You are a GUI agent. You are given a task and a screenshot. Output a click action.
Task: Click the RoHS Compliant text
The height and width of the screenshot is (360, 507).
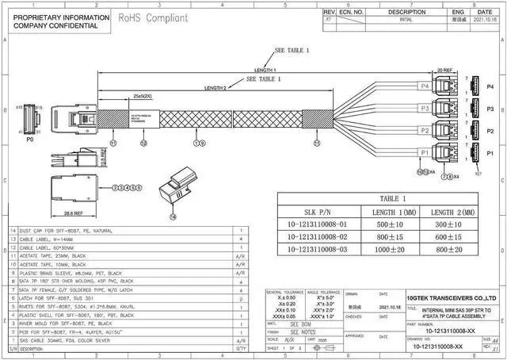point(154,17)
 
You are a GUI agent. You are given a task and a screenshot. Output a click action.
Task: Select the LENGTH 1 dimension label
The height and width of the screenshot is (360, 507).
point(269,69)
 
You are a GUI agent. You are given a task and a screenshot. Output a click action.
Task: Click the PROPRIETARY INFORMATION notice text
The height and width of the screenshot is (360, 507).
point(56,16)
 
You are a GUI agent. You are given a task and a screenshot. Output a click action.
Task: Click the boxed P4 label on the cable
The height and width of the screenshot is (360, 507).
point(425,86)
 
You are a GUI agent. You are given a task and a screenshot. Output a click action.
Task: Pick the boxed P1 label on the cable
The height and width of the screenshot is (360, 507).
point(425,151)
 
